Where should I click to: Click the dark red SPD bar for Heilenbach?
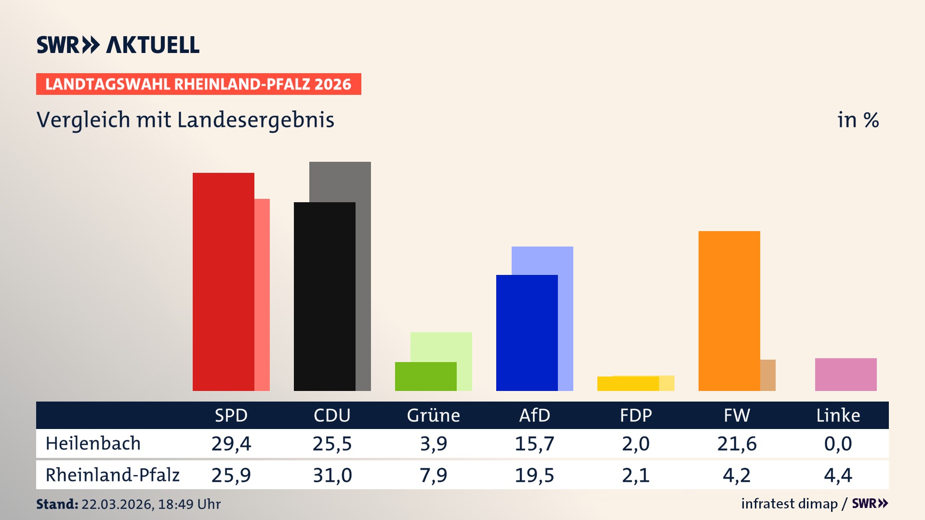tap(223, 282)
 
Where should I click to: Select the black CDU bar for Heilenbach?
tap(324, 296)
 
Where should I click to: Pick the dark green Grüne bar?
tap(425, 376)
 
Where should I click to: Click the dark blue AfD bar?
tap(527, 332)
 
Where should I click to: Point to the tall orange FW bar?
tap(729, 311)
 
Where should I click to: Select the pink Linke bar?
tap(846, 374)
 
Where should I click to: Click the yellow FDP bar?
tap(628, 384)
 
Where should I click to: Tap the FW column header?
tap(737, 415)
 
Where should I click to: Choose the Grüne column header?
tap(433, 415)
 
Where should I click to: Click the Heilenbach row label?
tap(93, 443)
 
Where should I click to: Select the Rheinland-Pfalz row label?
tap(112, 475)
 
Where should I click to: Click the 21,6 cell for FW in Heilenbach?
tap(737, 443)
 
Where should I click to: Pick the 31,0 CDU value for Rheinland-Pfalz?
tap(332, 475)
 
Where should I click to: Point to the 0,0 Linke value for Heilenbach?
tap(838, 443)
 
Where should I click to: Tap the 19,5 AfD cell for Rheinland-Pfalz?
tap(534, 475)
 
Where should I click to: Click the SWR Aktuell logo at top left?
tap(118, 45)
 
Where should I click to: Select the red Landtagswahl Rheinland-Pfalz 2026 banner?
tap(198, 84)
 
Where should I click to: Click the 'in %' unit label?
tap(858, 120)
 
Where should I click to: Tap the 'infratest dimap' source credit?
tap(789, 504)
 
